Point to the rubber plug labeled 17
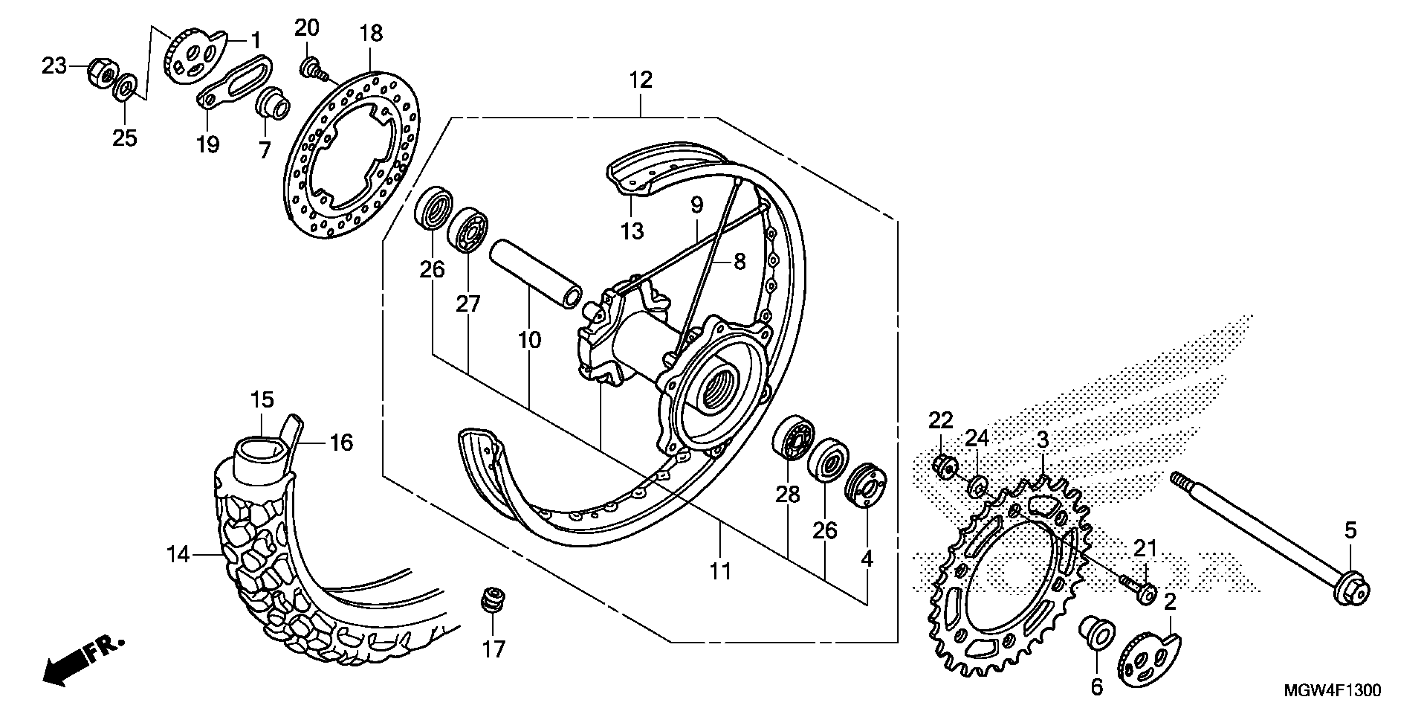[x=492, y=600]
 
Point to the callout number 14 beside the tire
[x=178, y=554]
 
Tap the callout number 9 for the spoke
[x=696, y=205]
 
